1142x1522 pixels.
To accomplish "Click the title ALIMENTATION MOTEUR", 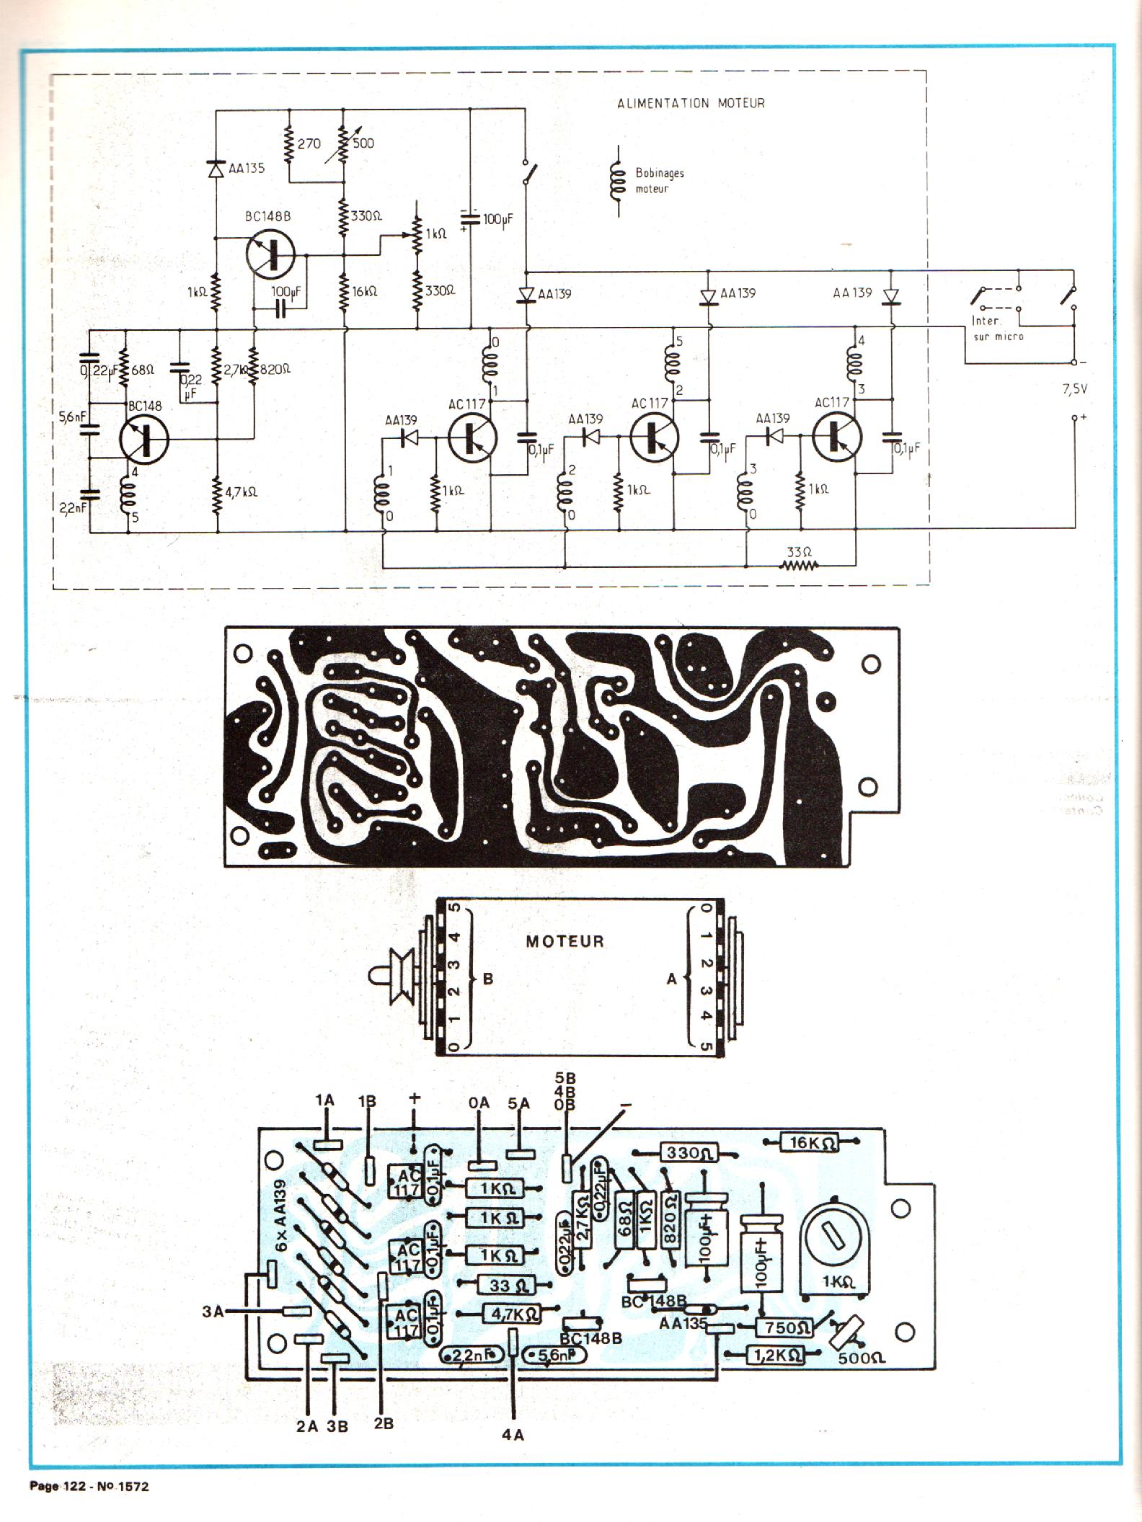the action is point(691,103).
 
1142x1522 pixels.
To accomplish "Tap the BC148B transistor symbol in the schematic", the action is point(270,254).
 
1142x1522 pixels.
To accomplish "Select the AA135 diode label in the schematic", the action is point(247,169).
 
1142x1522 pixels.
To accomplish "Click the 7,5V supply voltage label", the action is point(1074,389).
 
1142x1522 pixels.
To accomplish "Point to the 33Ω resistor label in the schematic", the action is point(800,552).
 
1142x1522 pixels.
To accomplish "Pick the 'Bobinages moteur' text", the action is point(659,181).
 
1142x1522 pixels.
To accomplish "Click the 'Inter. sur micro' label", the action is point(998,329).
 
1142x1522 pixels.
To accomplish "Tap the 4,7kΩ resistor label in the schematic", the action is point(241,493).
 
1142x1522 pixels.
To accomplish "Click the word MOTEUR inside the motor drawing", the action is point(565,941).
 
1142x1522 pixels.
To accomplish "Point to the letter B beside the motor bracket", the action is point(488,979).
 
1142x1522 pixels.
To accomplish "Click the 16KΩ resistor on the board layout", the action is point(811,1142).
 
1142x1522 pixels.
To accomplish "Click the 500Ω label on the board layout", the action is point(862,1358).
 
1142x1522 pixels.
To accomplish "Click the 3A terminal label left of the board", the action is point(213,1312).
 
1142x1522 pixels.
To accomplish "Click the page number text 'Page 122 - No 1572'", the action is point(89,1486).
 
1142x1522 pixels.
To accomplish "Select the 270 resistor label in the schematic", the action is point(309,143).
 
